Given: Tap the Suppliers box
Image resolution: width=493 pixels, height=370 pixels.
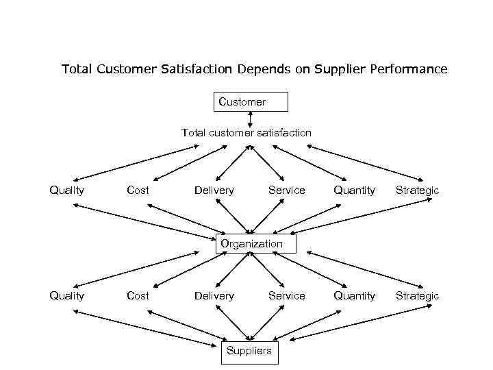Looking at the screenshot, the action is pyautogui.click(x=249, y=351).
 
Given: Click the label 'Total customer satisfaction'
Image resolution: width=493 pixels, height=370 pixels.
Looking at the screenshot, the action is pyautogui.click(x=246, y=132).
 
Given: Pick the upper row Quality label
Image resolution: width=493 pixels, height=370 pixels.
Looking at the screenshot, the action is pyautogui.click(x=66, y=190).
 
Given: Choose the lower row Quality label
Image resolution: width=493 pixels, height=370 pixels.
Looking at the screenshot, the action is pyautogui.click(x=66, y=295).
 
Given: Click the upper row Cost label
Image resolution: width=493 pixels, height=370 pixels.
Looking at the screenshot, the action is pyautogui.click(x=138, y=190).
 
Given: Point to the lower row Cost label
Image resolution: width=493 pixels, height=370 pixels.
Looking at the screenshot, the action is pyautogui.click(x=138, y=295).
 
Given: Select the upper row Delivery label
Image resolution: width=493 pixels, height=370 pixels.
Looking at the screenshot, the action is pyautogui.click(x=214, y=190).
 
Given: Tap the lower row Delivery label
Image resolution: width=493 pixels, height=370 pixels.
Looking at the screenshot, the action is pyautogui.click(x=214, y=295).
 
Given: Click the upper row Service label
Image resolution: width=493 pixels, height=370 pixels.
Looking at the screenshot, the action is pyautogui.click(x=286, y=190).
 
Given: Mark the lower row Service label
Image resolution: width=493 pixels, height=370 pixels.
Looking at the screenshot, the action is pyautogui.click(x=286, y=295).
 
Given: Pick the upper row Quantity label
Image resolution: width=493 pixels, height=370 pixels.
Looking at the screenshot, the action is pyautogui.click(x=354, y=190).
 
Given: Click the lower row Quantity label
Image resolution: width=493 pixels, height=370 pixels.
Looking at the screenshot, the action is pyautogui.click(x=354, y=295).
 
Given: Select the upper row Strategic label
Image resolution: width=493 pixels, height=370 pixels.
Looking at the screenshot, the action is pyautogui.click(x=417, y=190).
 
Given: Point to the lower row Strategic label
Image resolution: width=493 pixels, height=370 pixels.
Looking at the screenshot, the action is pyautogui.click(x=417, y=295).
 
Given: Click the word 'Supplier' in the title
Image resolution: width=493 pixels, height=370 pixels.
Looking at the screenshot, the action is pyautogui.click(x=338, y=69).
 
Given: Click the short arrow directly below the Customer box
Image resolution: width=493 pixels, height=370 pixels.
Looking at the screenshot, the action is pyautogui.click(x=249, y=119).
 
